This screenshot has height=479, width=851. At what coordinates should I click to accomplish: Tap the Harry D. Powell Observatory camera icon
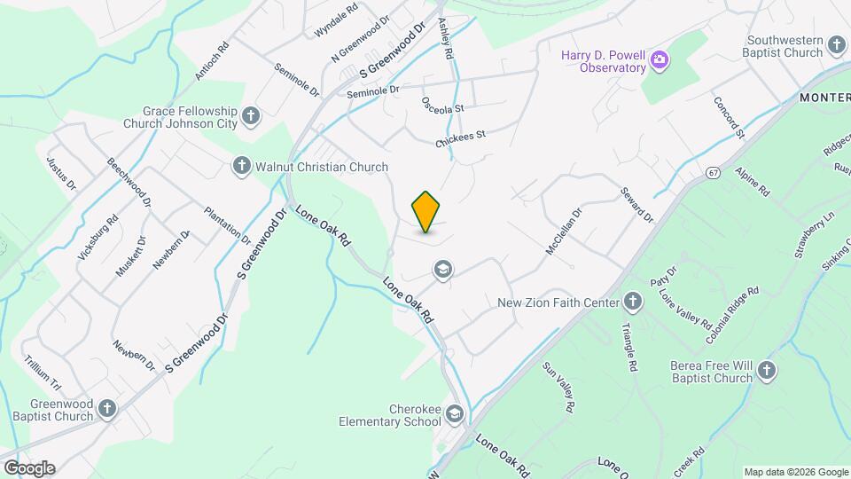click(x=659, y=61)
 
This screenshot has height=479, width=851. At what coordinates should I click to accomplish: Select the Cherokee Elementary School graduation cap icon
click(x=455, y=414)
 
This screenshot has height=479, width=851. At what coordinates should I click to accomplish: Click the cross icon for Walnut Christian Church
click(x=241, y=167)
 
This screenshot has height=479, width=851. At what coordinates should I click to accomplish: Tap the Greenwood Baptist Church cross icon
click(x=107, y=409)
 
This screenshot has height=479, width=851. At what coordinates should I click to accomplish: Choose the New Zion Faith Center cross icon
click(x=633, y=303)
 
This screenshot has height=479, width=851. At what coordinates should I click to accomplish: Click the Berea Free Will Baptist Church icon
click(x=767, y=371)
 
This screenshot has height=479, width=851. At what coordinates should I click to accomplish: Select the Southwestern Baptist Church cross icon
click(x=837, y=46)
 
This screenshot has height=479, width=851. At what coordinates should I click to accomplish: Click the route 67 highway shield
click(x=713, y=172)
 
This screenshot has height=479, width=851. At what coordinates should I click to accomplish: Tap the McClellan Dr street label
click(x=563, y=232)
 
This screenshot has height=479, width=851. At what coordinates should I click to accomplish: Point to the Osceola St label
click(x=443, y=106)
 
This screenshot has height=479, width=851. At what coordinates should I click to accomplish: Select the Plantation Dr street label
click(x=227, y=226)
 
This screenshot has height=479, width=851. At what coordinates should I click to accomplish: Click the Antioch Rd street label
click(x=212, y=61)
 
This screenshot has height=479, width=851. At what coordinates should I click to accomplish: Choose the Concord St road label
click(x=730, y=117)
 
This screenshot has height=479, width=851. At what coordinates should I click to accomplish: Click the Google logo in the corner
click(x=29, y=468)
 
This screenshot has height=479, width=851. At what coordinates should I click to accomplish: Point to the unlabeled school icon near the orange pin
click(x=442, y=270)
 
